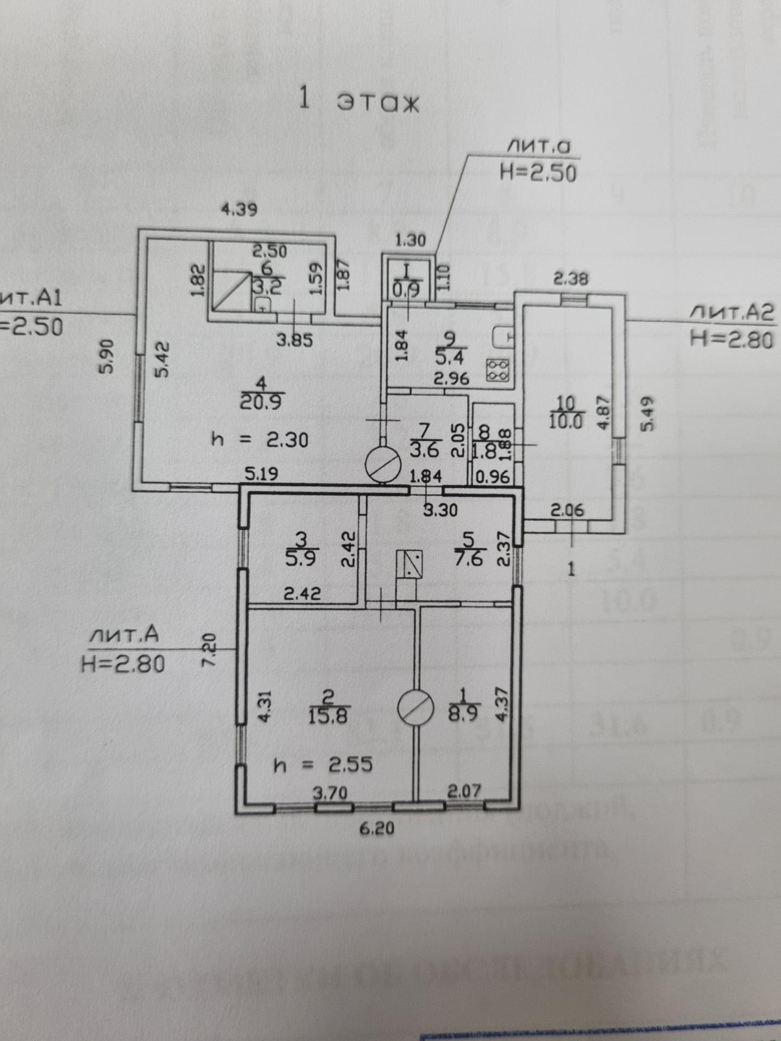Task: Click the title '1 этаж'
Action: click(359, 100)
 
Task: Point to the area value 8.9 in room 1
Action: click(463, 715)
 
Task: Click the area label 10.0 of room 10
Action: click(566, 421)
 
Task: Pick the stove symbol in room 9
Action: click(498, 370)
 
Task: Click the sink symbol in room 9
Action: click(503, 336)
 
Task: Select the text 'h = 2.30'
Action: click(260, 439)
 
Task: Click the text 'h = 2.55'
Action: click(323, 765)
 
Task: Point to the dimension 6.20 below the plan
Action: click(377, 828)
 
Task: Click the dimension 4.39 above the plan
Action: click(239, 210)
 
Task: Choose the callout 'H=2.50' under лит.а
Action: click(538, 173)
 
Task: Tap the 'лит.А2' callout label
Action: click(731, 312)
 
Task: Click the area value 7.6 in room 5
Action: click(469, 558)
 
